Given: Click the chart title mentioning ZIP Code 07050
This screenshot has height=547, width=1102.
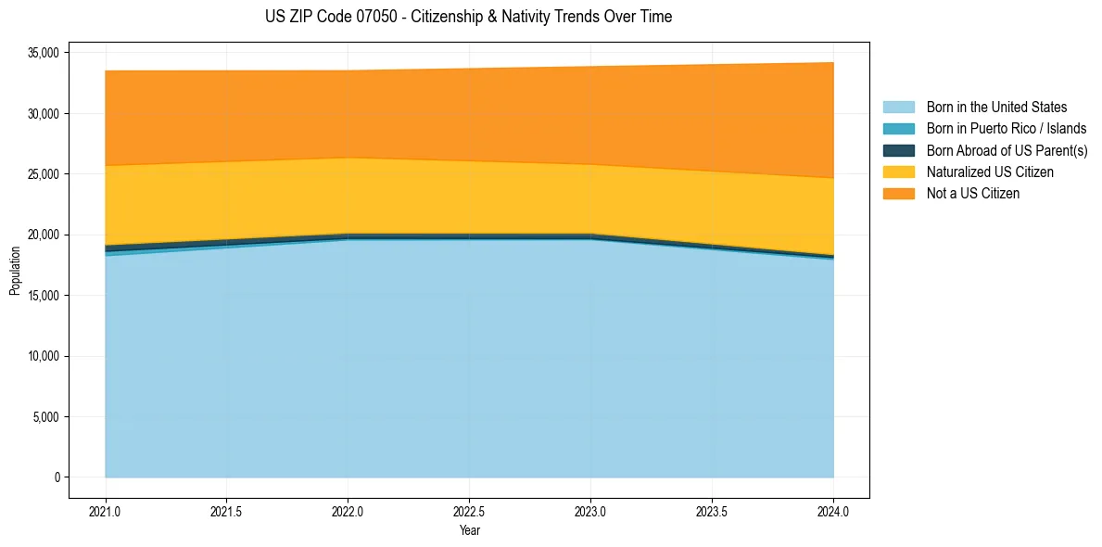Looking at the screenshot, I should tap(468, 17).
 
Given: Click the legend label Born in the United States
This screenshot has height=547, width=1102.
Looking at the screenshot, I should tap(996, 108).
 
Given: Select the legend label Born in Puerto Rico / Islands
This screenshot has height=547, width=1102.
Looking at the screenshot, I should tap(1007, 129).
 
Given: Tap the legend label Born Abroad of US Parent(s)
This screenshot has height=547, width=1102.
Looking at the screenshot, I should tap(1007, 150).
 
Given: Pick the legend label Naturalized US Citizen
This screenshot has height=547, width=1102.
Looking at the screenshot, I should tap(990, 172).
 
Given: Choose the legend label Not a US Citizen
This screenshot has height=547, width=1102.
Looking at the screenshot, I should tap(973, 194).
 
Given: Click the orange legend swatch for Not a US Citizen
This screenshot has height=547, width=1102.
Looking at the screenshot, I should tap(898, 194).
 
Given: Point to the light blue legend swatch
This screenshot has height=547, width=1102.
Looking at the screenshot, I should tap(898, 108).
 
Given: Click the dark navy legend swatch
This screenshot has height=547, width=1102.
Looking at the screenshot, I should tap(898, 150).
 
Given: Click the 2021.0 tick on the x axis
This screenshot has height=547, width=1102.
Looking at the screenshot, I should tap(105, 511).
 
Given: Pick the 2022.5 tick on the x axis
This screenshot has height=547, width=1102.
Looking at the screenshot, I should tap(469, 511).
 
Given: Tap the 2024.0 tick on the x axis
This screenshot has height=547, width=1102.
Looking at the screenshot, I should tap(833, 511).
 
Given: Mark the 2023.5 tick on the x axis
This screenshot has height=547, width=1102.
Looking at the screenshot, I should tap(712, 511).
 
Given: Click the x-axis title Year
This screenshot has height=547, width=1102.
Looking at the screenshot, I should tap(469, 530).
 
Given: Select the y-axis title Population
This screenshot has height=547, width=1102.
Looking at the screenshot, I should tap(15, 271).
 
